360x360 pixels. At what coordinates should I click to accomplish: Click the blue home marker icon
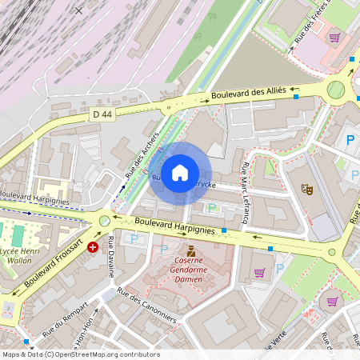[x=180, y=172]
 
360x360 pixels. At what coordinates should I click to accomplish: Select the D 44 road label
[x=102, y=114]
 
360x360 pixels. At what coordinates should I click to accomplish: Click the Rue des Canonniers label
[x=146, y=305]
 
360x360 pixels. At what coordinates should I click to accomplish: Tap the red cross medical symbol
[x=93, y=247]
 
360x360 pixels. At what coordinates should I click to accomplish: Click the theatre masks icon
[x=305, y=190]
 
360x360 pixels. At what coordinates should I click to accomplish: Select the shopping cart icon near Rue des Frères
[x=334, y=37]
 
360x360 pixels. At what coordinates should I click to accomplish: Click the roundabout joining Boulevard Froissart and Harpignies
[x=104, y=219]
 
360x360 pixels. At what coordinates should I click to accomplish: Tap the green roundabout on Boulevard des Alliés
[x=335, y=89]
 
